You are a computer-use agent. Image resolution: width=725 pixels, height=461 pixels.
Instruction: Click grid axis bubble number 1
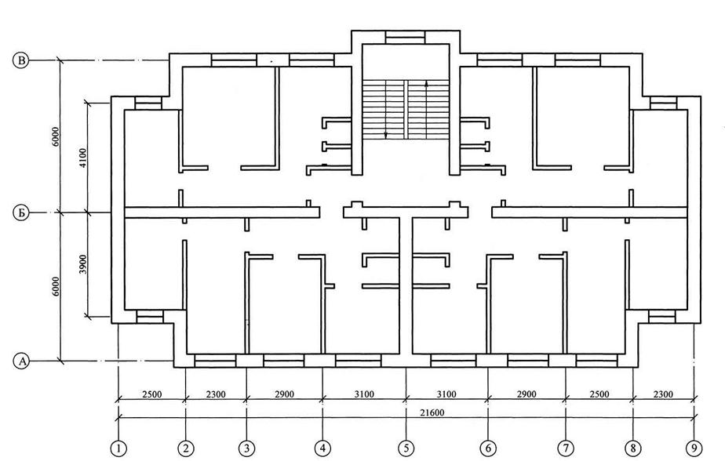pyautogui.click(x=118, y=448)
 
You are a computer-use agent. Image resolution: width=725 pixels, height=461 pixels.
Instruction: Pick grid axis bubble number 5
pyautogui.click(x=406, y=448)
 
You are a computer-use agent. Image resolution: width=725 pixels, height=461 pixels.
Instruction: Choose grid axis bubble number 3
pyautogui.click(x=247, y=448)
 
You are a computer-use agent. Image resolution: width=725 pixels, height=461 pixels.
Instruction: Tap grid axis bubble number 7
pyautogui.click(x=566, y=448)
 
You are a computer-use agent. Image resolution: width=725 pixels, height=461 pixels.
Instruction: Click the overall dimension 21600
pyautogui.click(x=406, y=412)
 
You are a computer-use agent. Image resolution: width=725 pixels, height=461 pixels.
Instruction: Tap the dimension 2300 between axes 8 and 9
pyautogui.click(x=664, y=394)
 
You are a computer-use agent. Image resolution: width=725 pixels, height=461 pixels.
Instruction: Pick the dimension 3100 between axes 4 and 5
pyautogui.click(x=364, y=394)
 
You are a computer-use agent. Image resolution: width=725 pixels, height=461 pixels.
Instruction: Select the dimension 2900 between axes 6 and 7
pyautogui.click(x=526, y=394)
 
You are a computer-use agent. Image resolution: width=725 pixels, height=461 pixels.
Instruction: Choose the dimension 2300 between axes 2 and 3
pyautogui.click(x=215, y=394)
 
